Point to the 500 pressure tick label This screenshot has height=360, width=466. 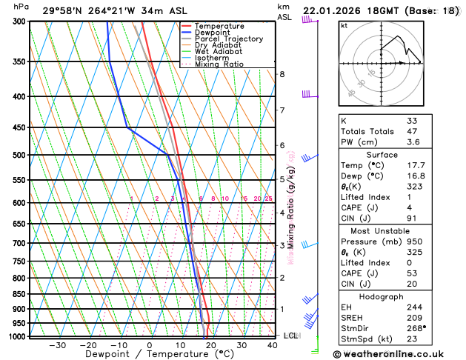[19, 155]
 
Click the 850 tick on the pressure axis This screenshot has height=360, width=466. [19, 294]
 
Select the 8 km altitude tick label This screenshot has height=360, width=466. [282, 74]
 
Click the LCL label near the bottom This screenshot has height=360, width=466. [291, 336]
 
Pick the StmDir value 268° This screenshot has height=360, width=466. [415, 328]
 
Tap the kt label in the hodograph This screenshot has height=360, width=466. [344, 25]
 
